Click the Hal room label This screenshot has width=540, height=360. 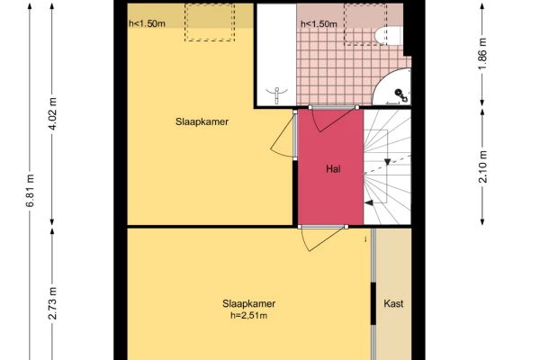(x=333, y=169)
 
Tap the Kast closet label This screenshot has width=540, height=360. (x=393, y=303)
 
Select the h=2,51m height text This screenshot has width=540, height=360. (x=248, y=315)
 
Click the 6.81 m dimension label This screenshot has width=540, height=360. (x=31, y=191)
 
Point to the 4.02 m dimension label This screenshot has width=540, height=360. (x=53, y=113)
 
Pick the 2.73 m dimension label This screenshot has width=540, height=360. (x=53, y=303)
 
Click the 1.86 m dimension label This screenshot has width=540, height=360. (x=482, y=53)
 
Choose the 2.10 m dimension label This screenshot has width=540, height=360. (x=482, y=166)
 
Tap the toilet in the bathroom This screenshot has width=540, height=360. (x=388, y=35)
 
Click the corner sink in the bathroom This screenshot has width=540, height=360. (x=392, y=86)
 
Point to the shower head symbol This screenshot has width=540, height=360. (x=276, y=94)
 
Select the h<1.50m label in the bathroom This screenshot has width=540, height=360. (x=319, y=24)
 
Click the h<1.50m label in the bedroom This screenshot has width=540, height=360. (x=147, y=23)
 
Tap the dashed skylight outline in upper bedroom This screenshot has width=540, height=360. (x=210, y=22)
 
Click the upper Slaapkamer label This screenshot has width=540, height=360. (x=202, y=121)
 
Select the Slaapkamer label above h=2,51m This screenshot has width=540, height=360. (x=248, y=303)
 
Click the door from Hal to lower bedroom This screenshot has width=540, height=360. (x=322, y=238)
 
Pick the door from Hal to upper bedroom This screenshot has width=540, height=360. (x=283, y=135)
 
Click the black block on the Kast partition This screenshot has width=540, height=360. (x=373, y=303)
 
